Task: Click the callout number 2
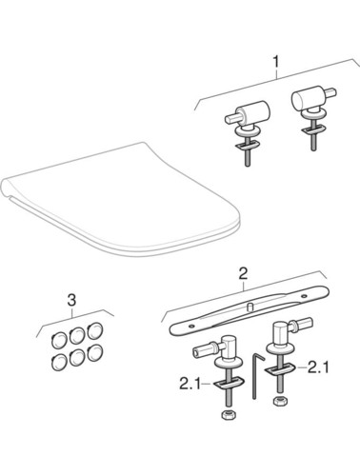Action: (243, 273)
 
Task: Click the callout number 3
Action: (72, 300)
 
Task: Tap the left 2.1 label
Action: (190, 385)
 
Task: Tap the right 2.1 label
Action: (319, 367)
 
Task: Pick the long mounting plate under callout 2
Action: (250, 310)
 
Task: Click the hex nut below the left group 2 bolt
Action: (226, 416)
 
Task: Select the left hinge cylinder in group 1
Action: (256, 114)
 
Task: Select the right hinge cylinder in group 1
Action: (304, 97)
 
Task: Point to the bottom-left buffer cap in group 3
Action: (59, 362)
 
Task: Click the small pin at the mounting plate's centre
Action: (249, 307)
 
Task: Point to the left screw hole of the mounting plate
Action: (190, 326)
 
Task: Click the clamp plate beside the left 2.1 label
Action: (227, 383)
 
